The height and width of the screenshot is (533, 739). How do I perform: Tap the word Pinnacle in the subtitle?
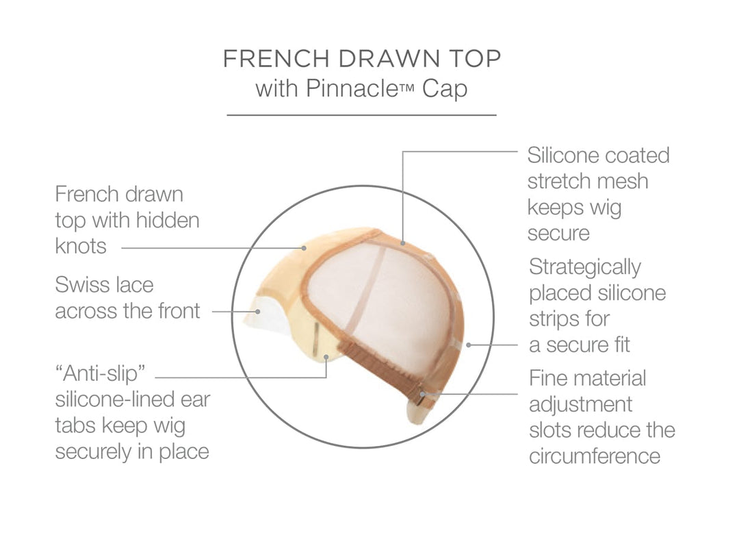[352, 88]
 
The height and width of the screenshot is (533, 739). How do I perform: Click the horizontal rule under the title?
[361, 114]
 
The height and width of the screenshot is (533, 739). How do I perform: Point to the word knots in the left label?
[81, 246]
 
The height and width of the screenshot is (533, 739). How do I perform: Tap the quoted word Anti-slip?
[100, 374]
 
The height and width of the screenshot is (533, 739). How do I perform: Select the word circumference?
[595, 456]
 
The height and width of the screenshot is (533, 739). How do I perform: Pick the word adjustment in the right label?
[580, 405]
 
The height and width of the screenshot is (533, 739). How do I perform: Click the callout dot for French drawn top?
[304, 247]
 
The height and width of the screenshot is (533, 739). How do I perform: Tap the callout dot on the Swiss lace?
[258, 311]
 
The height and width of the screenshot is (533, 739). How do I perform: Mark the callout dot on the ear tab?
[326, 357]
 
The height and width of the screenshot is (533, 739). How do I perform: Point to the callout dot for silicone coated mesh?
[403, 243]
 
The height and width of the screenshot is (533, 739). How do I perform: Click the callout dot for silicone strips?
[469, 345]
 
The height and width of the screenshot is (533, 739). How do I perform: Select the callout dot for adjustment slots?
[423, 394]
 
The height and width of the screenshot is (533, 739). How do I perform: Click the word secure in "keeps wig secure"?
[558, 234]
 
